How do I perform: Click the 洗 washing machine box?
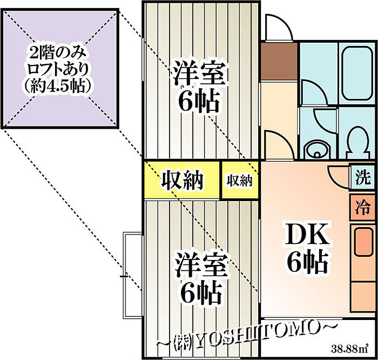click(x=363, y=177)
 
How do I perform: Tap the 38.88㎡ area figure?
click(x=349, y=346)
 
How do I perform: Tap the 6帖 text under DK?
click(x=307, y=263)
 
